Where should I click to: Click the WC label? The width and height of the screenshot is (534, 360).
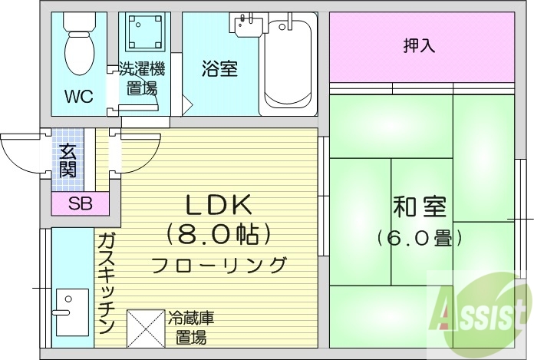click(78, 97)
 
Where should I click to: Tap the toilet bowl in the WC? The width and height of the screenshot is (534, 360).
click(77, 49)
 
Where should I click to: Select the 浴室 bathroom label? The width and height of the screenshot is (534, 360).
click(219, 69)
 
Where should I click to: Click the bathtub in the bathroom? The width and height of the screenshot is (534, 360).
click(288, 68)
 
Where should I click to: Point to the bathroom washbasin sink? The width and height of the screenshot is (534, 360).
click(248, 25)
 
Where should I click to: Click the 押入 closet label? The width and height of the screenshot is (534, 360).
click(419, 45)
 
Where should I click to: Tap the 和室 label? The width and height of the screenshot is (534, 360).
click(419, 207)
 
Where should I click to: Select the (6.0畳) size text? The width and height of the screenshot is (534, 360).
click(419, 238)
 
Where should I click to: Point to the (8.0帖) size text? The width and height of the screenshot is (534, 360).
click(219, 233)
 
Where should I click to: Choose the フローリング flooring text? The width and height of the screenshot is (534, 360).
click(219, 266)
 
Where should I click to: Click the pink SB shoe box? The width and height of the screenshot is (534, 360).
click(79, 204)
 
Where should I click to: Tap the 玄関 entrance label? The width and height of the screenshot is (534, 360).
click(68, 160)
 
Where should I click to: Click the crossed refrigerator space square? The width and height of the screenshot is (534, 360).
click(145, 328)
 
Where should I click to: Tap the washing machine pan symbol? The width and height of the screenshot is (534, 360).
click(145, 33)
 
